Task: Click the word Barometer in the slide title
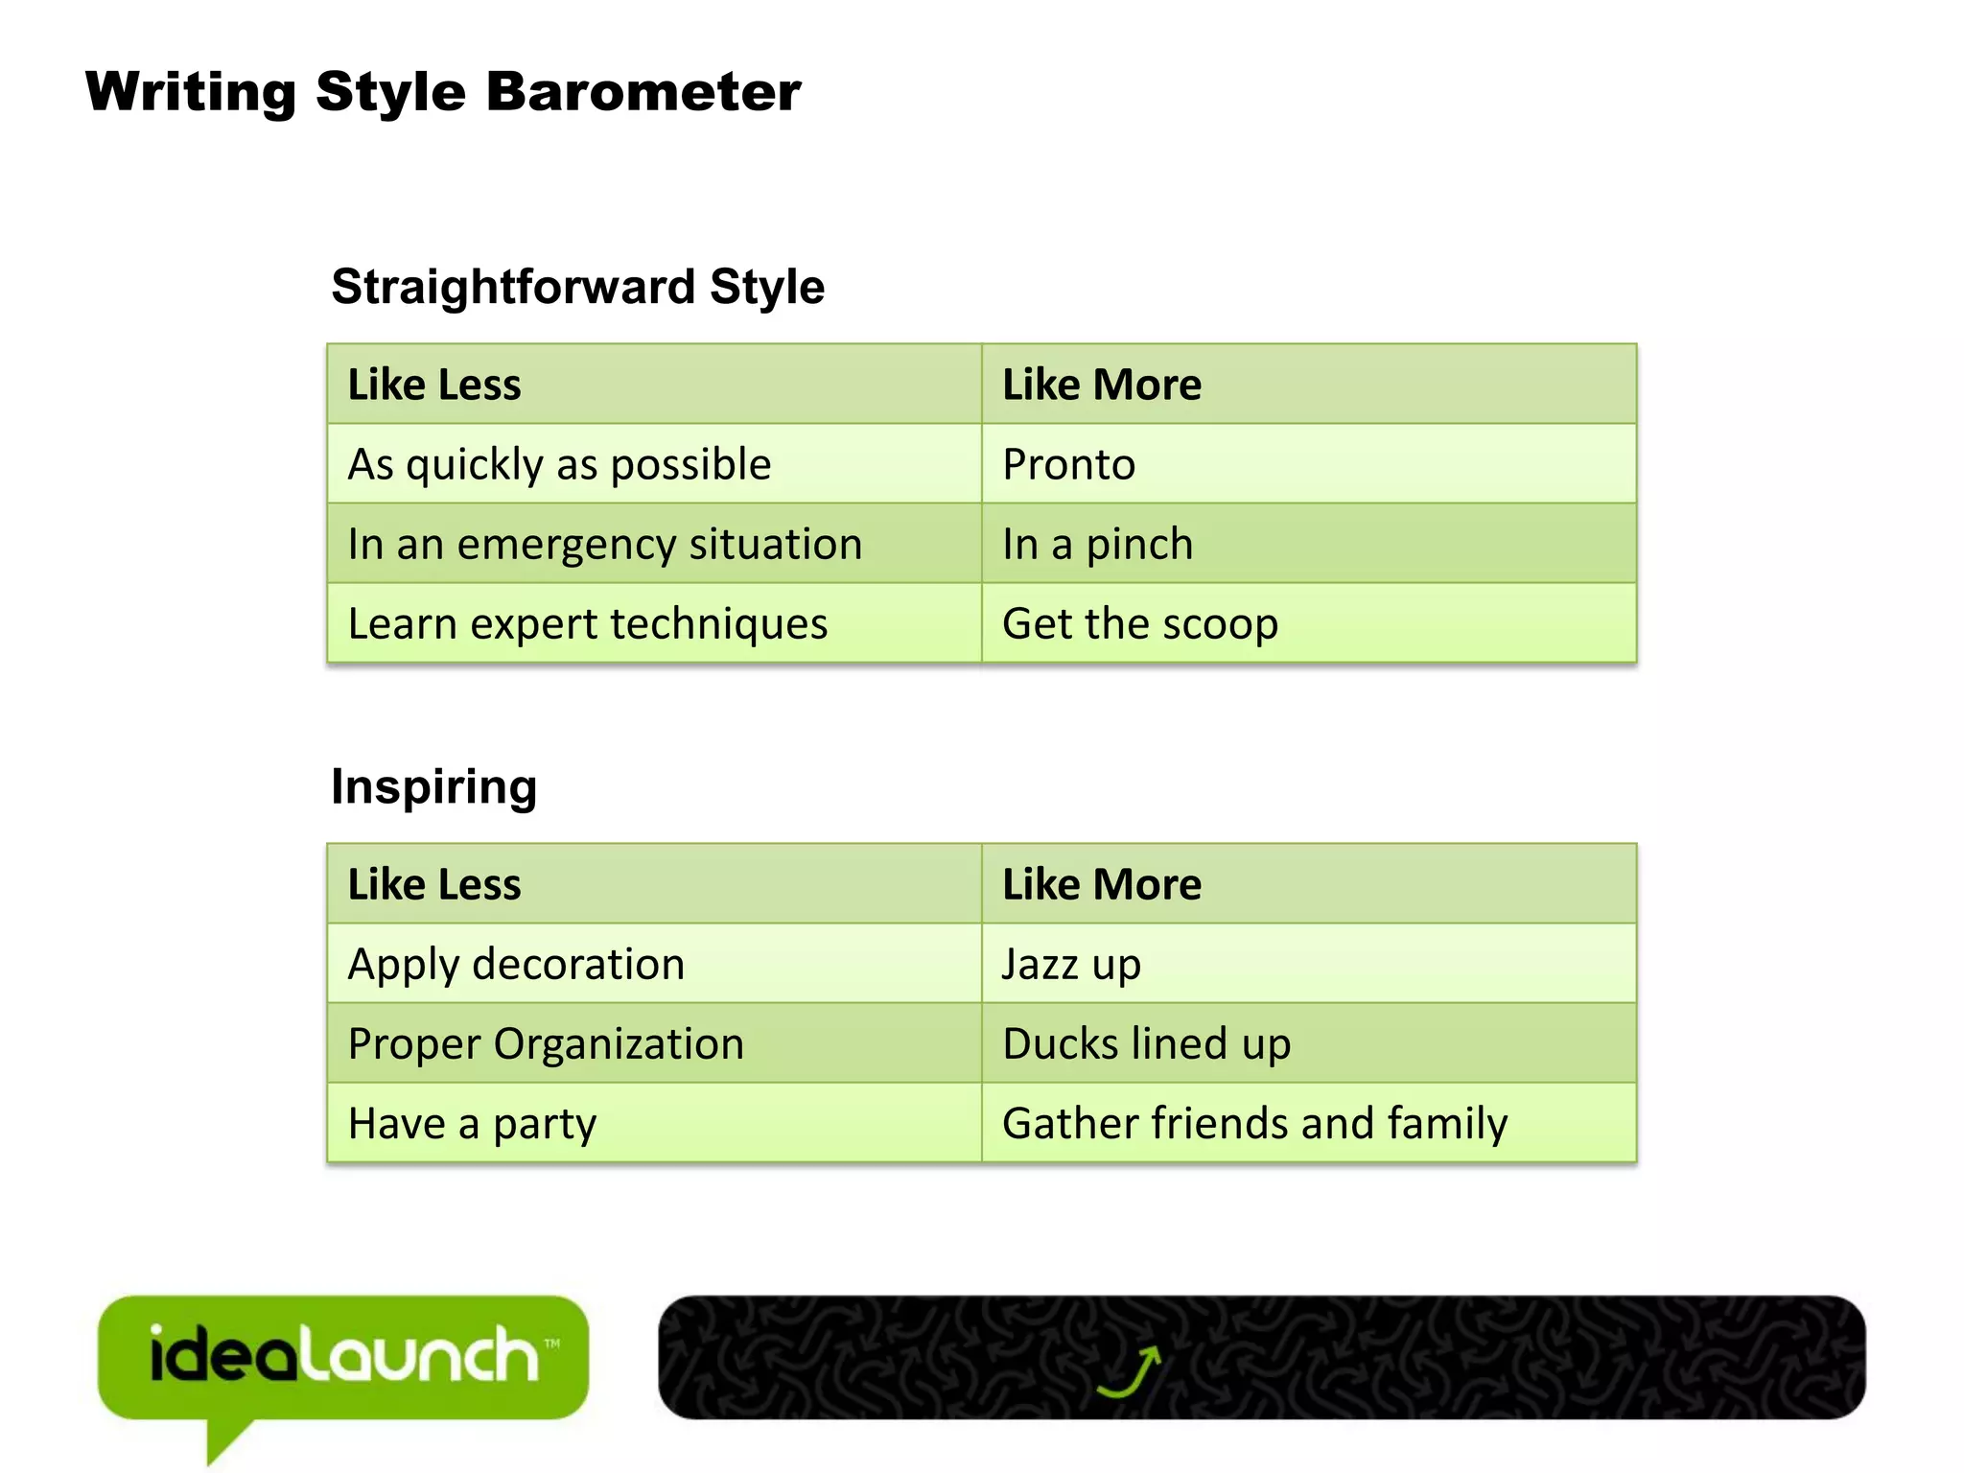coord(643,92)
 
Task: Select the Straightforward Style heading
coord(577,287)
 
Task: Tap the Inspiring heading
coord(433,786)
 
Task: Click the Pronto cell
coord(1068,464)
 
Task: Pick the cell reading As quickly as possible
coord(559,464)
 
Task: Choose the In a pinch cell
coord(1097,544)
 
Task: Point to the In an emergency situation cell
coord(605,544)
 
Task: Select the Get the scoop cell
coord(1139,623)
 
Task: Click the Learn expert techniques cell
coord(587,623)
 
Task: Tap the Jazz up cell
coord(1071,964)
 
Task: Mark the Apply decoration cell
coord(516,964)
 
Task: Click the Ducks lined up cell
coord(1146,1043)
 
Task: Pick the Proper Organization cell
coord(546,1043)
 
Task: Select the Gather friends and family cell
coord(1254,1123)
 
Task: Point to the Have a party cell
coord(472,1123)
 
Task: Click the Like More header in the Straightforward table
coord(1101,385)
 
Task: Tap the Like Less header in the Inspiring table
coord(434,884)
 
